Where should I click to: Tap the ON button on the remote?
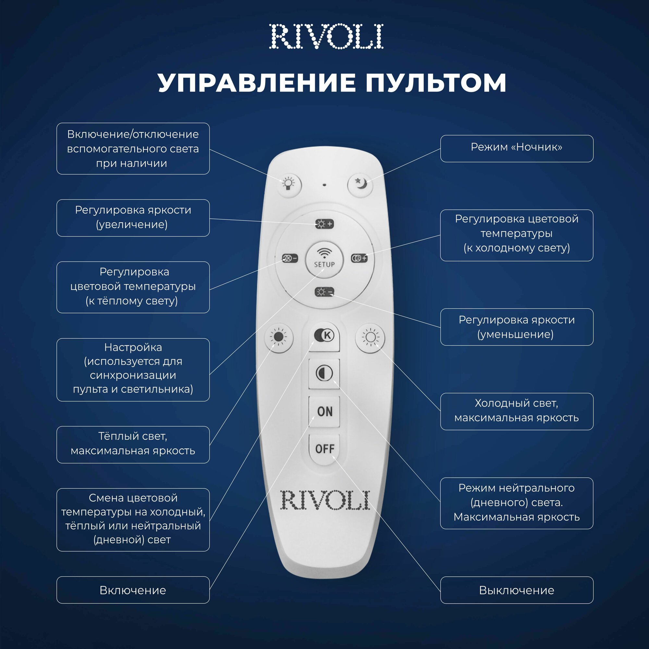tap(324, 411)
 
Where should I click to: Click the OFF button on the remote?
tap(324, 448)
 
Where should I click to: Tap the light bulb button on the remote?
tap(288, 184)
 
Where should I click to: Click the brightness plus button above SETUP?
tap(324, 224)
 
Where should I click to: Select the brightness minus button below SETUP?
tap(324, 292)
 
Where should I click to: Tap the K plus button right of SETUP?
tap(359, 258)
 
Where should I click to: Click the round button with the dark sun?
tap(279, 337)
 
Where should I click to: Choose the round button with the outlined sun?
tap(370, 337)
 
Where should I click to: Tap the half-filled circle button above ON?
tap(324, 373)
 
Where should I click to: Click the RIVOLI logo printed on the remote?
tap(325, 500)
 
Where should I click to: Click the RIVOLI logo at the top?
tap(326, 37)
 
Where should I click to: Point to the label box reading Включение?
tap(133, 590)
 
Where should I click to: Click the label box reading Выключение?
tap(516, 590)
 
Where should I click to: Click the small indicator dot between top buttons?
tap(324, 184)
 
